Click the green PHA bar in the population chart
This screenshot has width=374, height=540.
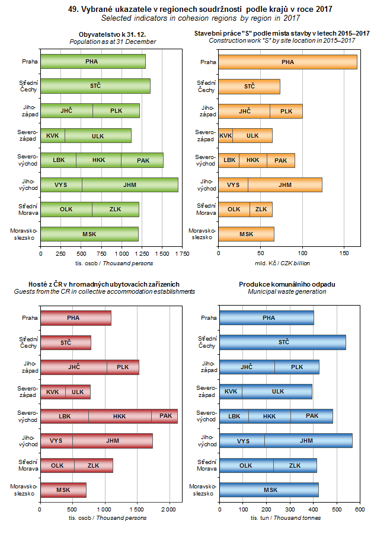(x=92, y=62)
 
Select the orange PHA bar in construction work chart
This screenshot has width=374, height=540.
(x=287, y=62)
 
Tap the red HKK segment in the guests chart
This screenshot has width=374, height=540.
(x=119, y=417)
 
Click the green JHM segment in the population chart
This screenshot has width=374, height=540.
(x=130, y=185)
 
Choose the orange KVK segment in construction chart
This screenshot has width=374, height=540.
(x=225, y=136)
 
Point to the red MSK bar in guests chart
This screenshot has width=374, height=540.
(x=63, y=490)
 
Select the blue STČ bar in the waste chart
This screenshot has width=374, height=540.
(x=283, y=342)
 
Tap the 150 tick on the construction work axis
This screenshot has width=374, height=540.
(x=344, y=253)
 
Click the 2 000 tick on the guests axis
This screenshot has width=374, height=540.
(x=170, y=509)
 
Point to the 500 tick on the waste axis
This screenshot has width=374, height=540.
(x=337, y=509)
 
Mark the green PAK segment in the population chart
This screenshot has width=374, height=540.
(x=142, y=160)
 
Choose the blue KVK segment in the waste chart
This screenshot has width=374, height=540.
(x=231, y=392)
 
